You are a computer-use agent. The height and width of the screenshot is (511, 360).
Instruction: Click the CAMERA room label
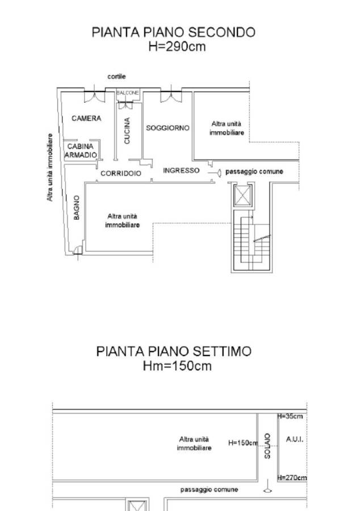(86, 118)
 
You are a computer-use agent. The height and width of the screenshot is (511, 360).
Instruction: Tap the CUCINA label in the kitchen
(127, 131)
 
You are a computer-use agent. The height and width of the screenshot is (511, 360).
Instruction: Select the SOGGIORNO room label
(168, 128)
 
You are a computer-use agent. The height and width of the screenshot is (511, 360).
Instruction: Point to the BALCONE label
(128, 93)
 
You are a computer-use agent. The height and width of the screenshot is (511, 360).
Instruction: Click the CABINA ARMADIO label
(81, 150)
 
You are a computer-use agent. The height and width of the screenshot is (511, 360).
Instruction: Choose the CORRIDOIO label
(121, 173)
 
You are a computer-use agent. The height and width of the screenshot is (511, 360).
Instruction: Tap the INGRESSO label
(181, 170)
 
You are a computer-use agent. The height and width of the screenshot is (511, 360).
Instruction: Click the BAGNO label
(77, 208)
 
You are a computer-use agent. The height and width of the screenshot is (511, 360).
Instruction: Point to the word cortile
(116, 77)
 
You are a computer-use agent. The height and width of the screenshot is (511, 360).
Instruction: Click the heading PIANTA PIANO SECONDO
(173, 32)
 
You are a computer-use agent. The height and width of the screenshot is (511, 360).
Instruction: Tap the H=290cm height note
(177, 47)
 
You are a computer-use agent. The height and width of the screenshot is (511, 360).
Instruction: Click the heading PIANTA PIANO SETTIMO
(174, 351)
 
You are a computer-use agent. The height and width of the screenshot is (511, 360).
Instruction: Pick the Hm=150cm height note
(177, 366)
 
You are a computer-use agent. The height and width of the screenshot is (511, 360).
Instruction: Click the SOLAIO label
(267, 446)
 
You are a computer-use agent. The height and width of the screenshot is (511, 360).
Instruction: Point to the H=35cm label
(290, 416)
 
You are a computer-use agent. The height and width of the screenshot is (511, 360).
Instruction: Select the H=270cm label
(292, 478)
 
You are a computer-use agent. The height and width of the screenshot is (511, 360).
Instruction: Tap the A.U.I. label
(295, 439)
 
